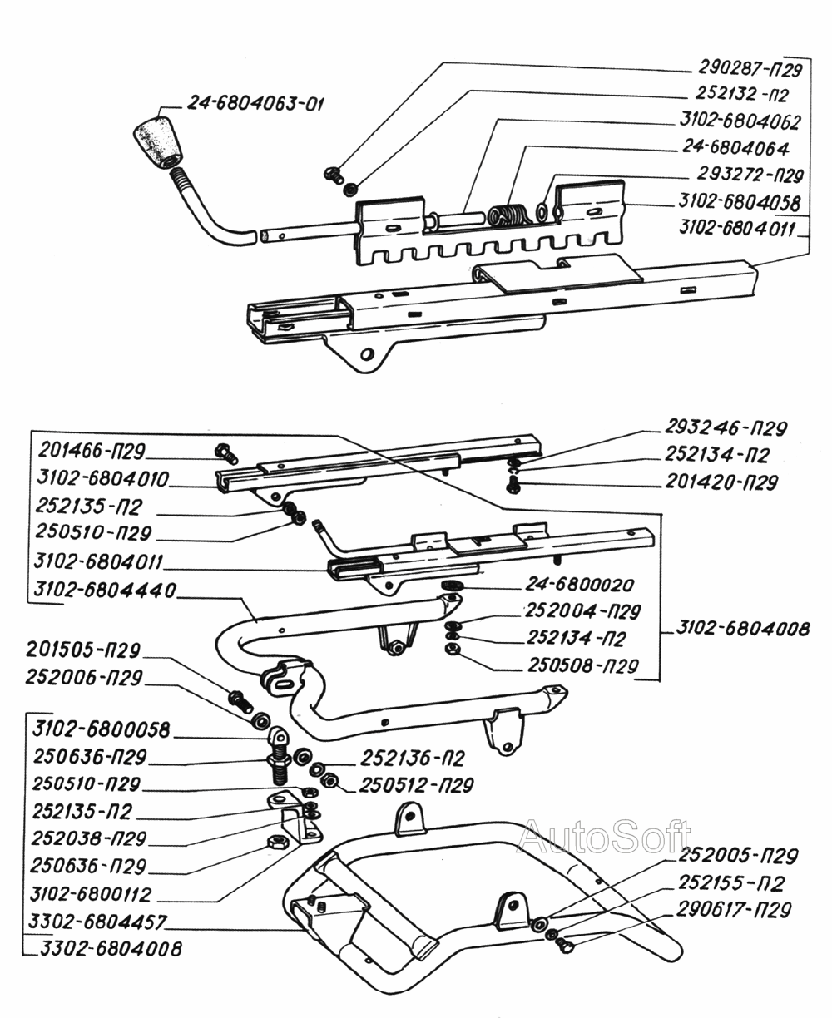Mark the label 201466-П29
[x=92, y=452]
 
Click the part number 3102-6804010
[x=103, y=480]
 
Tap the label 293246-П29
[x=726, y=429]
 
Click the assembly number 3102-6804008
[x=740, y=629]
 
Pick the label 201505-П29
[x=83, y=649]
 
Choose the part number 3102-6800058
[x=102, y=730]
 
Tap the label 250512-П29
[x=417, y=785]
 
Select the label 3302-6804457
[x=98, y=922]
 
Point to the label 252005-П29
[x=739, y=857]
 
